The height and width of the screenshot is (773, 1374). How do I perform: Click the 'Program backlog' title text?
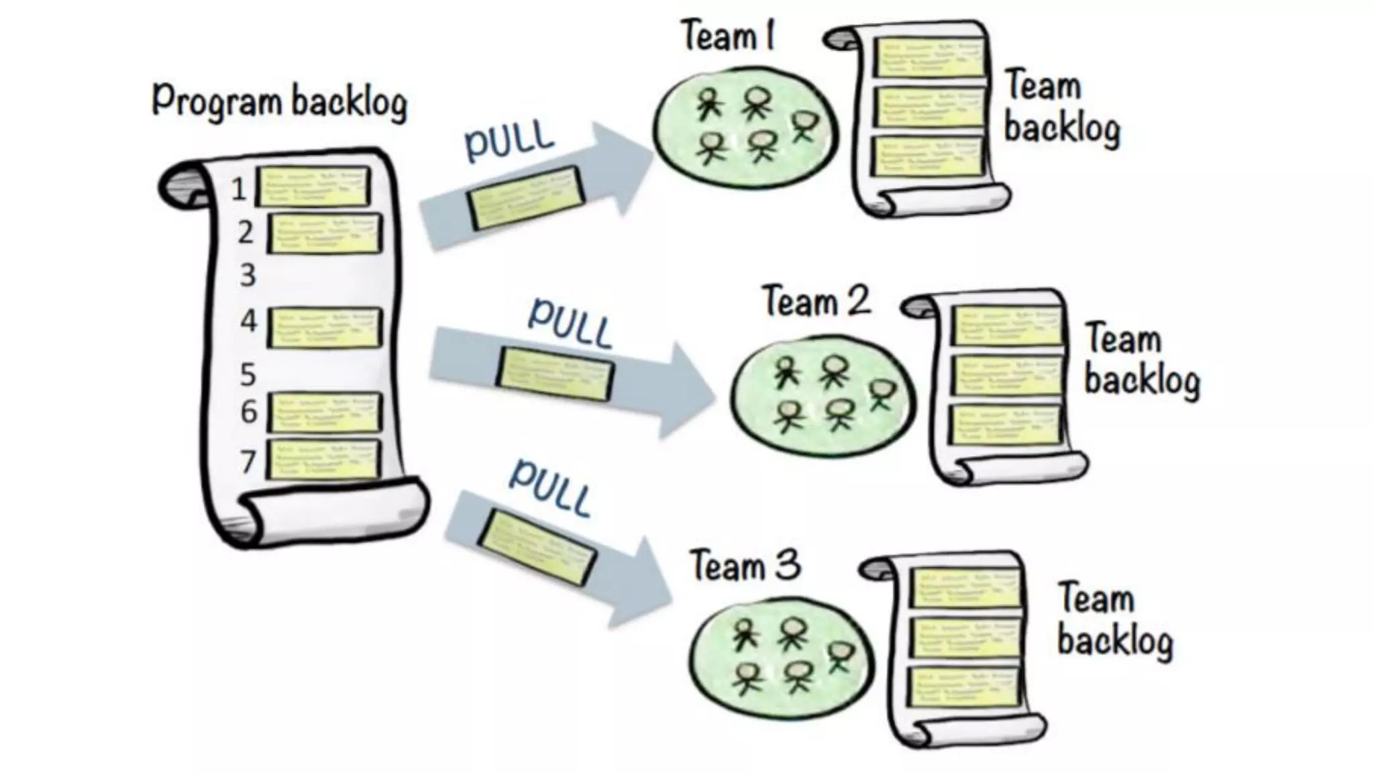[279, 101]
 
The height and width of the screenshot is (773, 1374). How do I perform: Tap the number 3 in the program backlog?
[248, 276]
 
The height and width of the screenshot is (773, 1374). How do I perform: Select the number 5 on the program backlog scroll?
[248, 374]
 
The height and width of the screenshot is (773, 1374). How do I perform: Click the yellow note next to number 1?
[313, 187]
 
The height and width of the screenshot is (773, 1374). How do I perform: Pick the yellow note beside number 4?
[324, 327]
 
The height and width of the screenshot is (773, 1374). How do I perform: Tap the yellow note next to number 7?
[323, 460]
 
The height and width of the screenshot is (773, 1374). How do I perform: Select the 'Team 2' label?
[816, 301]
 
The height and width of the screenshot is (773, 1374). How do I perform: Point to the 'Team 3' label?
[745, 566]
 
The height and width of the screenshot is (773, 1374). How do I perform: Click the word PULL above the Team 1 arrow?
[510, 140]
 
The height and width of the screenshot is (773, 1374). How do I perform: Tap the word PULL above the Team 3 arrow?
[550, 487]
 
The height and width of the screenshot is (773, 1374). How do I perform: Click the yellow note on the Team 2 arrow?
[555, 374]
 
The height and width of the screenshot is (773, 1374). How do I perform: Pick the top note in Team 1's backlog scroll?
[930, 56]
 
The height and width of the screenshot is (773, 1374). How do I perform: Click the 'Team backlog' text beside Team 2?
[1141, 359]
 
